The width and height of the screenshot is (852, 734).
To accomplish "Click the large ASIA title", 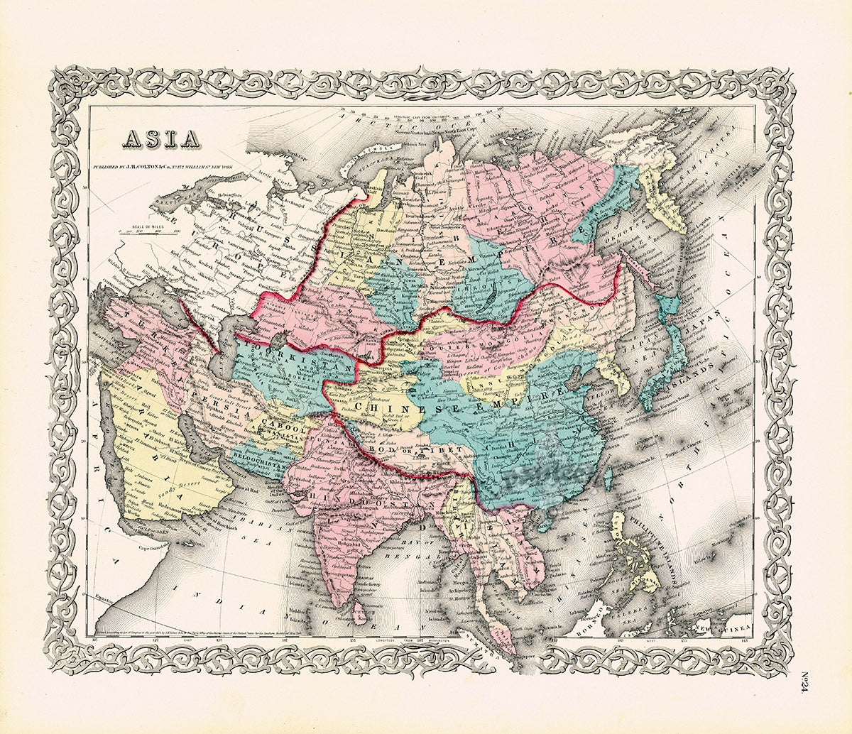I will click(x=162, y=138).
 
